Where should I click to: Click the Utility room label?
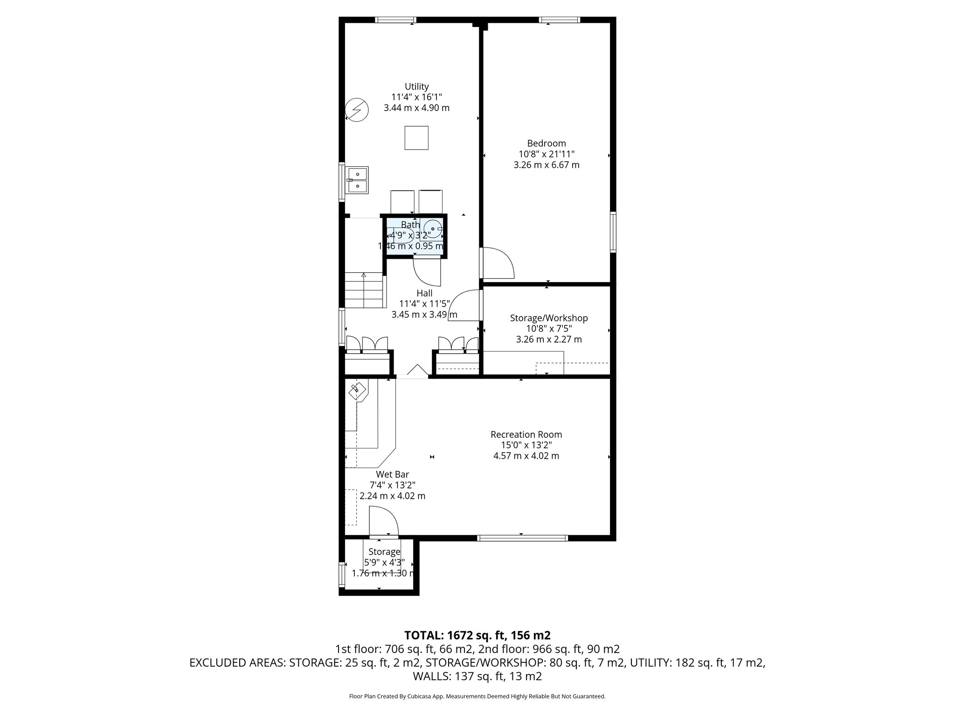(416, 87)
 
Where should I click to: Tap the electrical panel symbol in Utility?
(357, 110)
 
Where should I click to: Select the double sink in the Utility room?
(357, 180)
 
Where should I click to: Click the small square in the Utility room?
(416, 138)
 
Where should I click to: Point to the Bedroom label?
(546, 144)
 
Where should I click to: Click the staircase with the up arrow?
(364, 291)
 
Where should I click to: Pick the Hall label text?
(424, 293)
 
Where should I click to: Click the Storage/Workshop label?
(548, 318)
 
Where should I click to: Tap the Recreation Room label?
(526, 434)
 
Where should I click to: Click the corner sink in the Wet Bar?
(358, 390)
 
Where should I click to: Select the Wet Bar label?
(392, 475)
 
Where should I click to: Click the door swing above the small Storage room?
(383, 522)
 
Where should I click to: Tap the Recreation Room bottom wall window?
(522, 538)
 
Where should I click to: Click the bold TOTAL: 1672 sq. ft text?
(477, 635)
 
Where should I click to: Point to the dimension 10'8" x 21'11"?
(546, 154)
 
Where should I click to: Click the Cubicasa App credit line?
(477, 696)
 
